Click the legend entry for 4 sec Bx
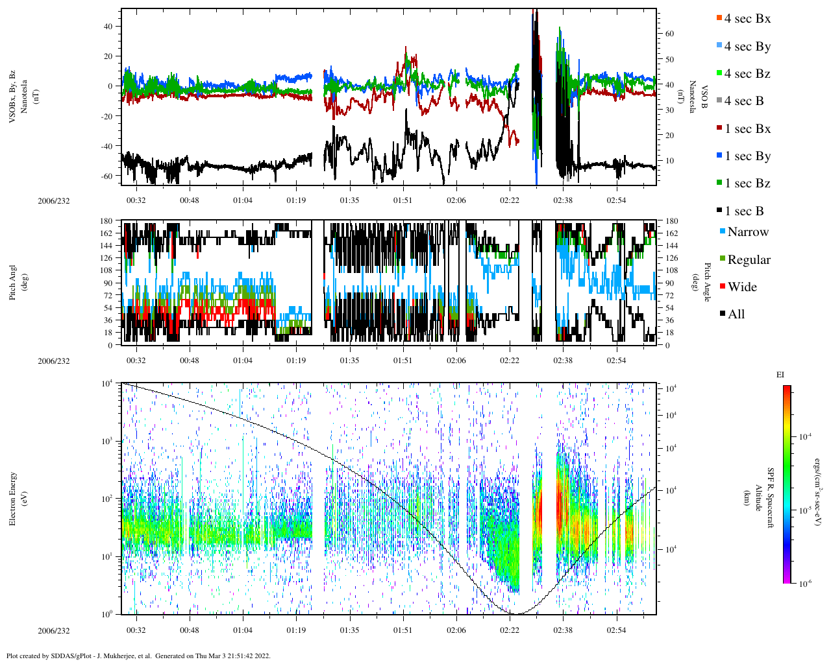tap(747, 19)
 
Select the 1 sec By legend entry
tap(747, 156)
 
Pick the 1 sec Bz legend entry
tap(747, 184)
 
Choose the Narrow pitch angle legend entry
tap(747, 232)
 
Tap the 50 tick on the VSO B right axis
tap(669, 59)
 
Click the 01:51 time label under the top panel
tap(403, 200)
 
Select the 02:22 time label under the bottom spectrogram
tap(510, 630)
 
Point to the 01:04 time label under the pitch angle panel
tap(243, 361)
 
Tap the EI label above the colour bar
tap(780, 375)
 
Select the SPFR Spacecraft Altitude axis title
tap(764, 499)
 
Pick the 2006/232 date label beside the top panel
tap(53, 200)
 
